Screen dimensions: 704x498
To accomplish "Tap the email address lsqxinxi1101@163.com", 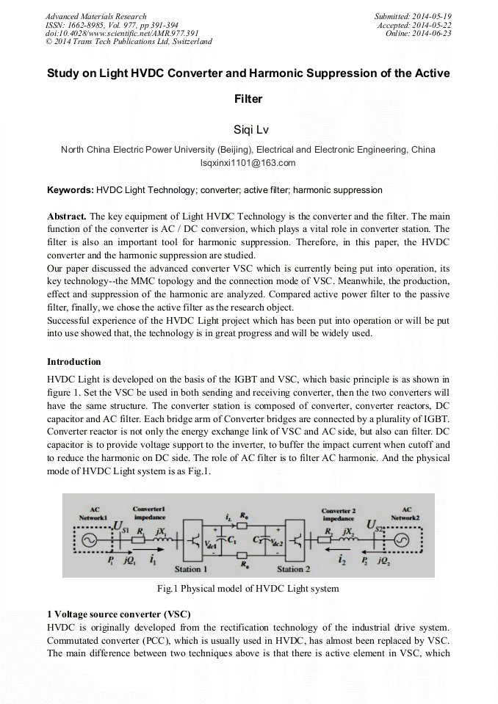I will coord(248,163).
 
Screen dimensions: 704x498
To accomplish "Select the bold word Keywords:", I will coord(71,190).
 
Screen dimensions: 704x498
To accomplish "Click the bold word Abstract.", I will coord(67,217).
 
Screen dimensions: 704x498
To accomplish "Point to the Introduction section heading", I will coord(74,362).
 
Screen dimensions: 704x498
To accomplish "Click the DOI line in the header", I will coord(122,33).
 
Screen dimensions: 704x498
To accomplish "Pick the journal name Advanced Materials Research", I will coord(95,16).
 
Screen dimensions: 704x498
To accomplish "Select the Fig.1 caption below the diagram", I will coord(248,589).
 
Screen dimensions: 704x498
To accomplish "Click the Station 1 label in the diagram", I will coord(191,569).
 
